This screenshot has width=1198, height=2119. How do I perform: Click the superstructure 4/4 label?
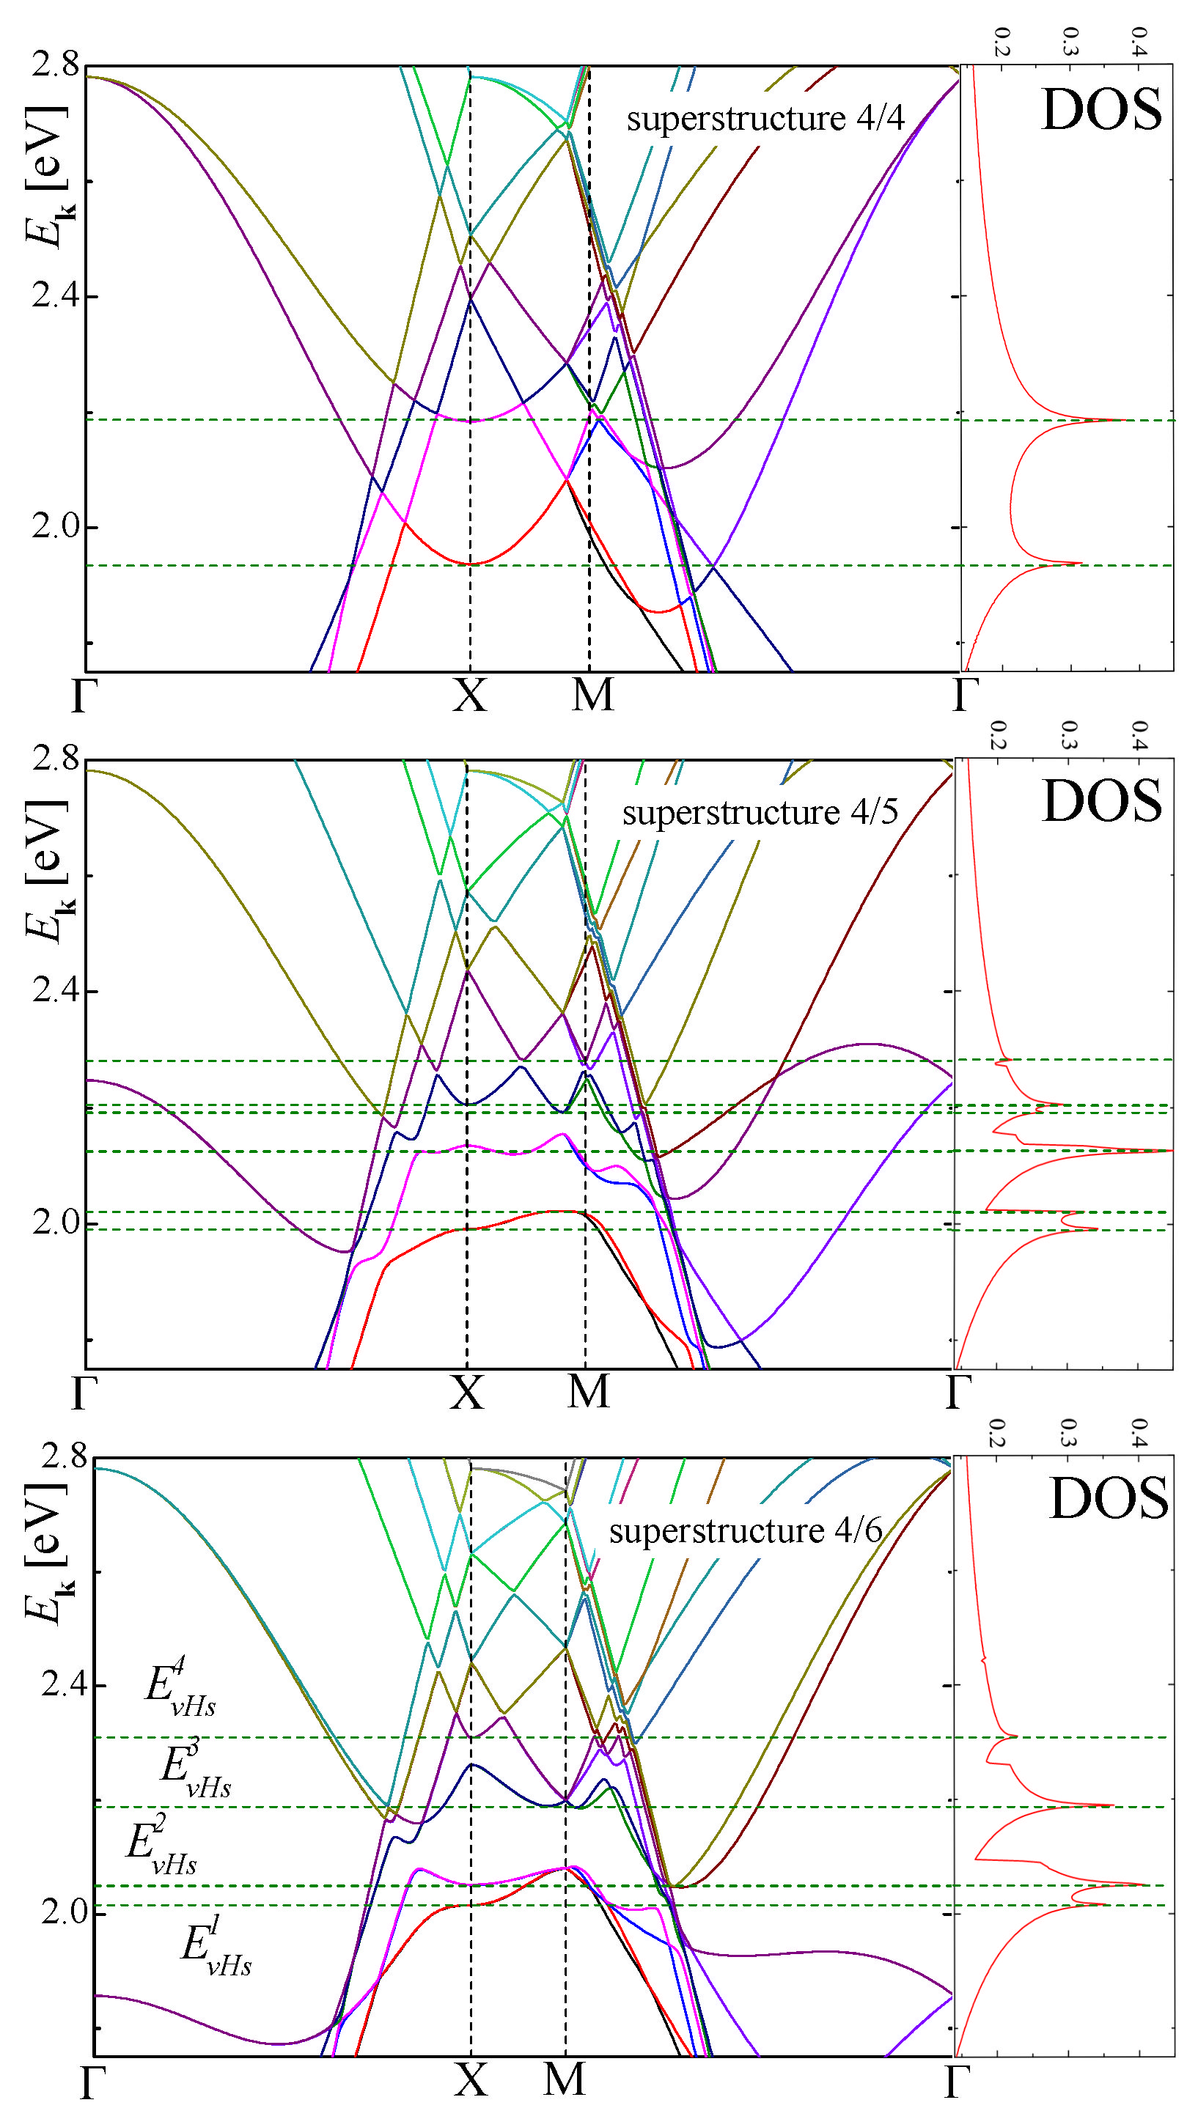(765, 119)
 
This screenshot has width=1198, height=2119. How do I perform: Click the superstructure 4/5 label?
(760, 813)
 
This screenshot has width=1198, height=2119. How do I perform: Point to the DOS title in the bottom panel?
(1108, 1498)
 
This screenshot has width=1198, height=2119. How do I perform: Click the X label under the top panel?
(470, 696)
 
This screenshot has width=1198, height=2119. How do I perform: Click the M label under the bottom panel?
(565, 2079)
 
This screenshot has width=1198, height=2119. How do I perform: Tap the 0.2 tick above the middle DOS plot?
(997, 734)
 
